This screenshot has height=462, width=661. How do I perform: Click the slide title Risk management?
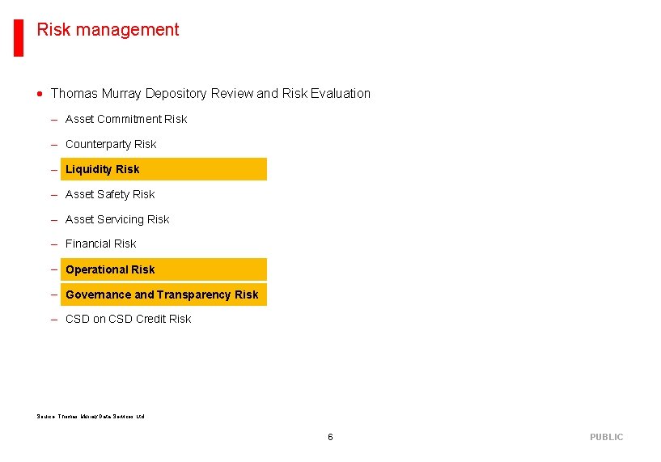108,30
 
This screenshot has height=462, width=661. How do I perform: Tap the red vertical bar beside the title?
18,37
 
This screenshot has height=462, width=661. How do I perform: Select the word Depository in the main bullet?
176,94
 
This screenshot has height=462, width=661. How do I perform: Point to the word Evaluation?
341,94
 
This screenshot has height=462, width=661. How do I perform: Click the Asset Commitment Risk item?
125,119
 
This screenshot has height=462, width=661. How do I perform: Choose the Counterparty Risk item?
111,144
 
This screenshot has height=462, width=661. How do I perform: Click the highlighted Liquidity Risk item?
103,169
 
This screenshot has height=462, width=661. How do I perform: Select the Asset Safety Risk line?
110,194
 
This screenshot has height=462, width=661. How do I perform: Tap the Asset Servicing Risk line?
117,219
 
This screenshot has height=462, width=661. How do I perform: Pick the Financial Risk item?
101,244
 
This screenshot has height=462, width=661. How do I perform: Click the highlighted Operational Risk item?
110,269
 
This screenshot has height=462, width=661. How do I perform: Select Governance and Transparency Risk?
162,295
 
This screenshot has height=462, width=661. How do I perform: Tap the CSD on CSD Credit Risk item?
128,319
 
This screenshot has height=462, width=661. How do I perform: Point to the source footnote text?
91,417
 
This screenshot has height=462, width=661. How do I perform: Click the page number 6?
330,437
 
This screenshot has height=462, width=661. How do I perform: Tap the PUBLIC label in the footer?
606,437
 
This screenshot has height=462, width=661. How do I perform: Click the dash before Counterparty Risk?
53,144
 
